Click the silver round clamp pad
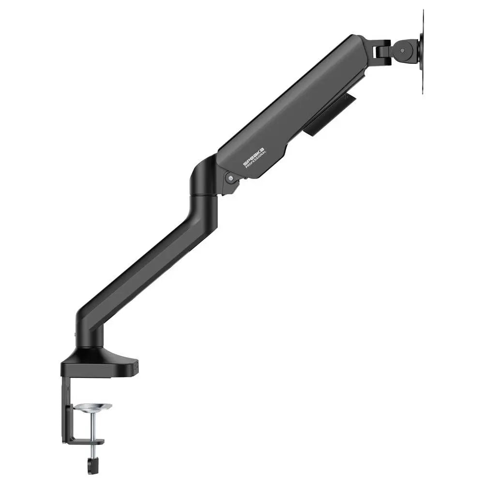coord(93,407)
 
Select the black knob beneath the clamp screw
coord(92,466)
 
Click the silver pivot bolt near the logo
coord(230,178)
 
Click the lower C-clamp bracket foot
coord(85,441)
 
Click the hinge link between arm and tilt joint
coord(382,48)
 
